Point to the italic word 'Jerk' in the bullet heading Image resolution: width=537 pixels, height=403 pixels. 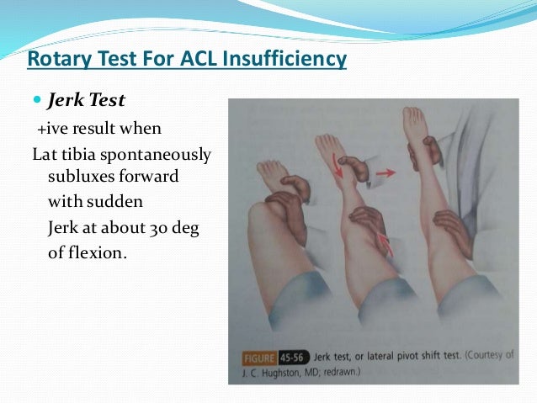click(66, 101)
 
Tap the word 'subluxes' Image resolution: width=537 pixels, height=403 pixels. click(80, 178)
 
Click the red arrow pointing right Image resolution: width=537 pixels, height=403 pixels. click(385, 172)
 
